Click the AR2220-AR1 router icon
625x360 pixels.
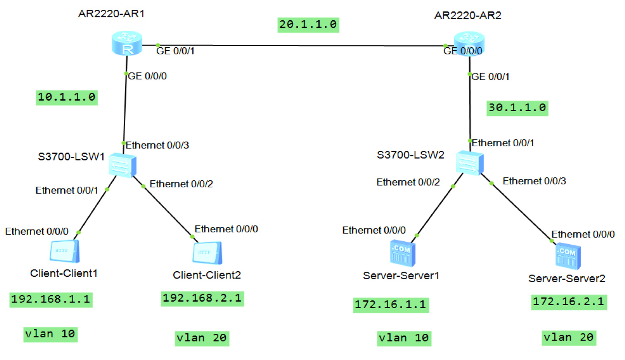pos(127,43)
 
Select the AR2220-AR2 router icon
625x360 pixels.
pos(469,44)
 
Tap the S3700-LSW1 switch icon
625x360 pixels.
pos(123,165)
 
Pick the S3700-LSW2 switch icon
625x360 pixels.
pos(469,163)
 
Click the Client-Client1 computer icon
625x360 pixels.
pos(65,251)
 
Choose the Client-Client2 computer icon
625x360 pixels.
pos(207,253)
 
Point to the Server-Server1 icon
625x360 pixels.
pos(403,253)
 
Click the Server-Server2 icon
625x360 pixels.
pos(568,256)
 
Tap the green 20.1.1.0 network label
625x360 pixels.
pos(308,25)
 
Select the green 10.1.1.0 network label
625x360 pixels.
pos(67,98)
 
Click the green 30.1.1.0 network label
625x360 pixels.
pos(517,108)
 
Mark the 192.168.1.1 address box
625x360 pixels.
pos(51,300)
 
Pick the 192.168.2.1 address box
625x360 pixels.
pos(202,299)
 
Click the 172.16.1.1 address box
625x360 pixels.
pos(391,305)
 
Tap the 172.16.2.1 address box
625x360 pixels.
pos(569,302)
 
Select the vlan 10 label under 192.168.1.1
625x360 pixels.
pos(50,334)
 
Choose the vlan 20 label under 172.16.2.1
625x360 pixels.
pos(569,338)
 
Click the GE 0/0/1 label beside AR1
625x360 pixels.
pos(175,51)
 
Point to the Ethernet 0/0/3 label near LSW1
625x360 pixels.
pos(157,145)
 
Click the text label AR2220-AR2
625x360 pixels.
pos(468,15)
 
